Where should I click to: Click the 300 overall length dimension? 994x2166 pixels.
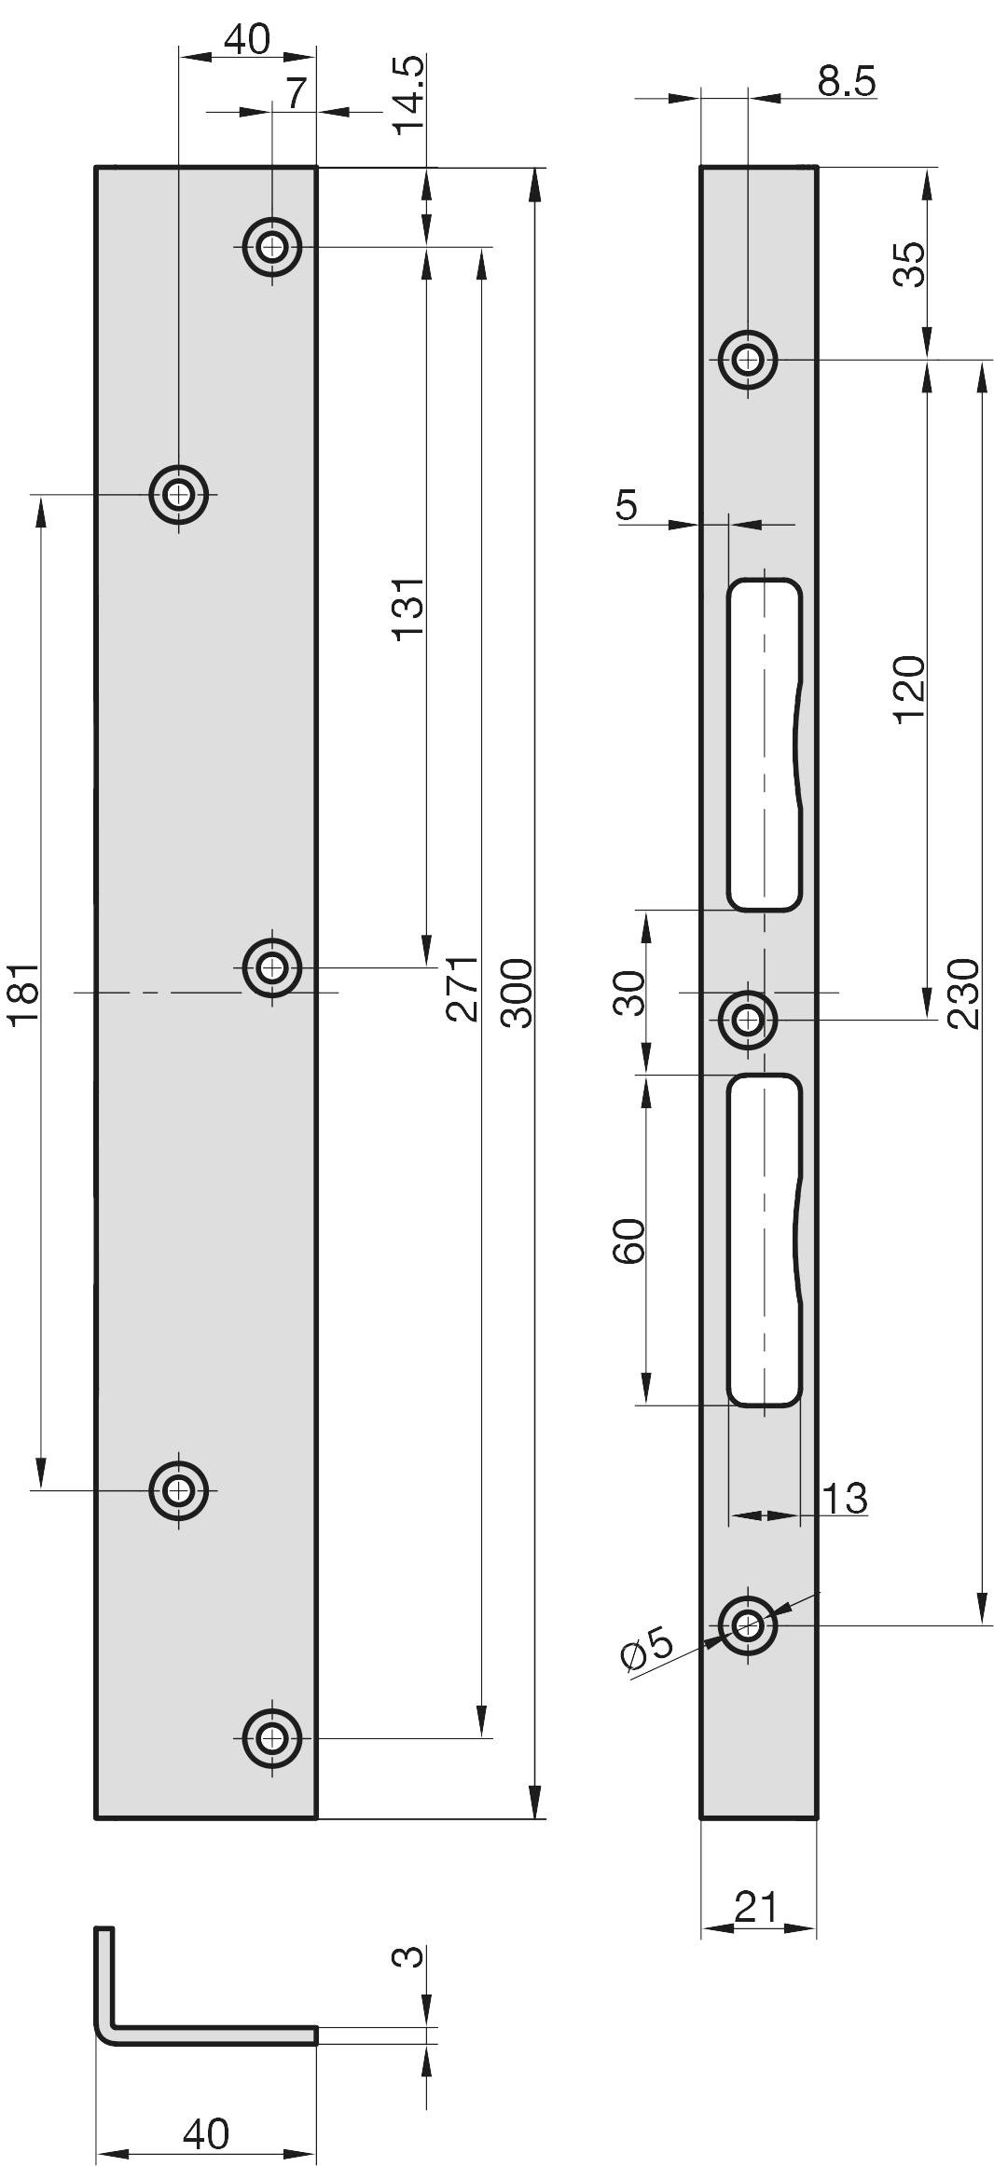[x=517, y=993]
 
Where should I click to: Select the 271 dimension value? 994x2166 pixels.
[x=463, y=988]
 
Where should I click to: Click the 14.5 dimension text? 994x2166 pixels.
[x=408, y=95]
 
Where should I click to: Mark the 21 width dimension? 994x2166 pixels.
[x=755, y=1907]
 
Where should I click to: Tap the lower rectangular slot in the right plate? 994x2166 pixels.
[x=763, y=1240]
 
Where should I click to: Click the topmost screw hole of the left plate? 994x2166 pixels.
[x=272, y=248]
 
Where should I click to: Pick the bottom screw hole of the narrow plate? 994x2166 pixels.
[x=747, y=1625]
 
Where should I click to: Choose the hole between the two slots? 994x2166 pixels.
[x=747, y=1020]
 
